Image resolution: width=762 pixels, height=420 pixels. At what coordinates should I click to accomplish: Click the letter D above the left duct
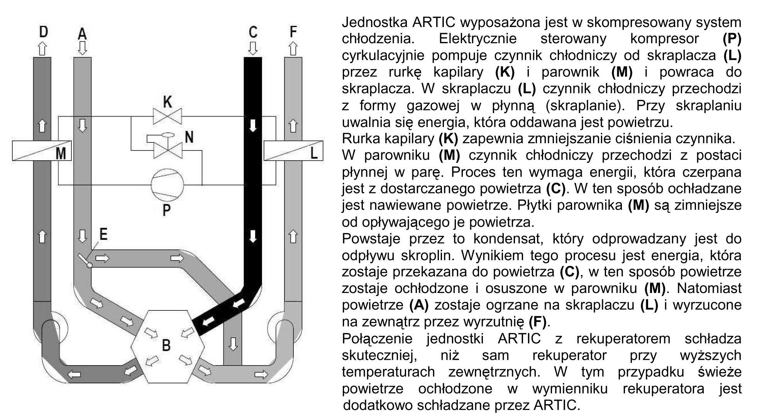[x=43, y=32]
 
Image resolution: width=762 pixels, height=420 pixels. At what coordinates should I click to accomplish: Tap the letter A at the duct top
[x=82, y=34]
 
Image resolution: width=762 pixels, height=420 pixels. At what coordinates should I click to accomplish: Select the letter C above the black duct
[x=253, y=32]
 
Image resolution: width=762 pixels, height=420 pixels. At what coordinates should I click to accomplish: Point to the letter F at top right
[x=293, y=32]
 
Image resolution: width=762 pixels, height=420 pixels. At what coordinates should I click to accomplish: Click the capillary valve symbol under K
[x=168, y=116]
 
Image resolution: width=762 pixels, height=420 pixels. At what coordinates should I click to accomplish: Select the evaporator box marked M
[x=42, y=151]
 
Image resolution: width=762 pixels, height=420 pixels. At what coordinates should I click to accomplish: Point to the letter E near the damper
[x=103, y=234]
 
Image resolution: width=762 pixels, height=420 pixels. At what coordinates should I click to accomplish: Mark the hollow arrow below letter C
[x=253, y=48]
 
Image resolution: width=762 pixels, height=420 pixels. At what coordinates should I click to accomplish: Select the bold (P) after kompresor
[x=732, y=39]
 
